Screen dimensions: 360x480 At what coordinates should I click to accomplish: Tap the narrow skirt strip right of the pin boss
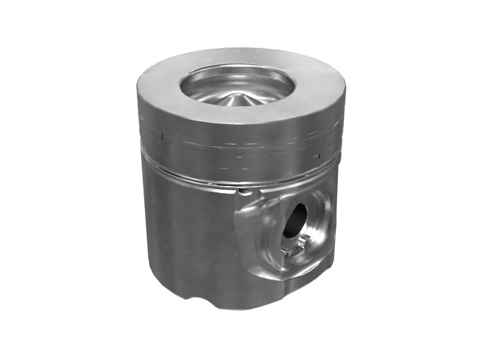click(x=332, y=240)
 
